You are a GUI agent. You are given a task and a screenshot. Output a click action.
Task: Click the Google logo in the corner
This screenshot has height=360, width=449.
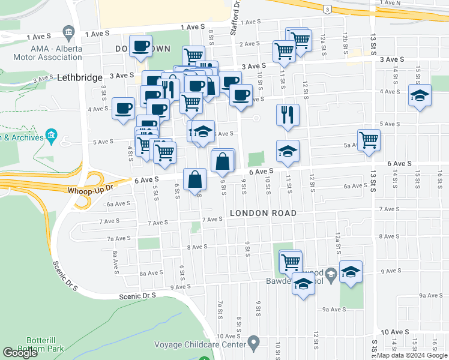(20, 353)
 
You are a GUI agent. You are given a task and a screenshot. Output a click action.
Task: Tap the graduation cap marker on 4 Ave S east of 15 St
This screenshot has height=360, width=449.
(420, 95)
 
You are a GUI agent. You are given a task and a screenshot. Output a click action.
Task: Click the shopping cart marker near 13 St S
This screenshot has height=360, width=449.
(369, 140)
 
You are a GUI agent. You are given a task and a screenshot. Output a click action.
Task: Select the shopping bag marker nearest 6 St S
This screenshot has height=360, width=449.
(195, 179)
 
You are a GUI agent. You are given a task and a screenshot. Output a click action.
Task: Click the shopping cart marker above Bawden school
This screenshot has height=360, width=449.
(291, 261)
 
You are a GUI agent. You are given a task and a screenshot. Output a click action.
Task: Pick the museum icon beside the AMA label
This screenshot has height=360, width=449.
(68, 31)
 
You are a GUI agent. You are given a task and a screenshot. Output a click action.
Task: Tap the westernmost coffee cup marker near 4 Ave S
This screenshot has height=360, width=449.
(123, 109)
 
